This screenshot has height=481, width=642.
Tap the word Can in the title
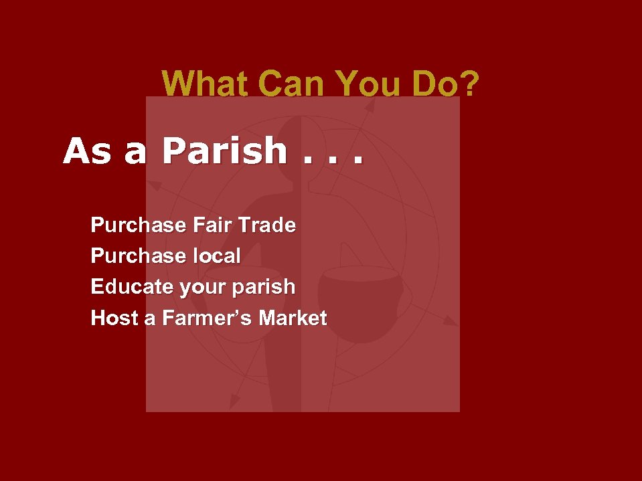click(x=291, y=84)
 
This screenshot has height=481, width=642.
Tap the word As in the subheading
click(x=87, y=152)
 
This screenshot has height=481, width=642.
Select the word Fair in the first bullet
click(x=214, y=225)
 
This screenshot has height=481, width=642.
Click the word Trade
click(x=268, y=225)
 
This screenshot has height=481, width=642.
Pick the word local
click(x=217, y=256)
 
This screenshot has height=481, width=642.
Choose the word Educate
click(x=132, y=287)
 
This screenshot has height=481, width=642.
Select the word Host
click(x=114, y=318)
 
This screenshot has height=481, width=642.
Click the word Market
click(x=293, y=318)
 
